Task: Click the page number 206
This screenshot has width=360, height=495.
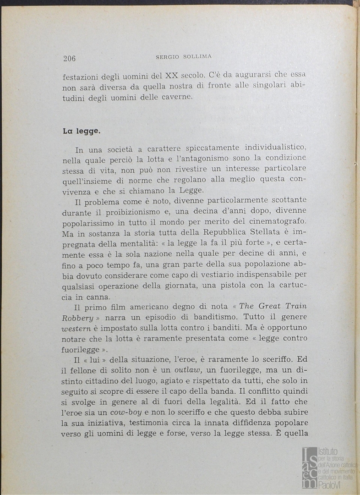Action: (x=69, y=58)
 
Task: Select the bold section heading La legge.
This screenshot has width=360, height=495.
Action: (x=82, y=131)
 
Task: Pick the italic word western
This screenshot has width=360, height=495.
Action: (x=77, y=328)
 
